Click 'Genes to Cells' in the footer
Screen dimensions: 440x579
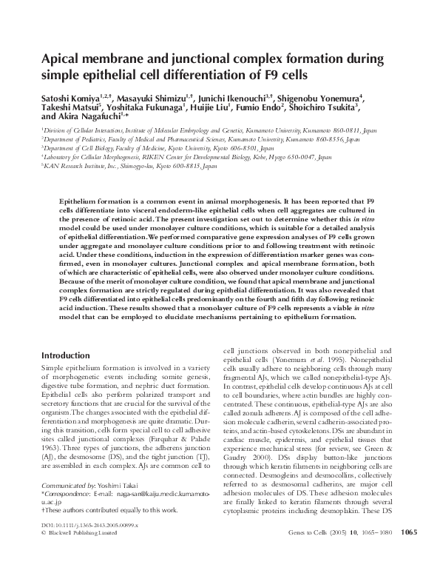pos(306,552)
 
